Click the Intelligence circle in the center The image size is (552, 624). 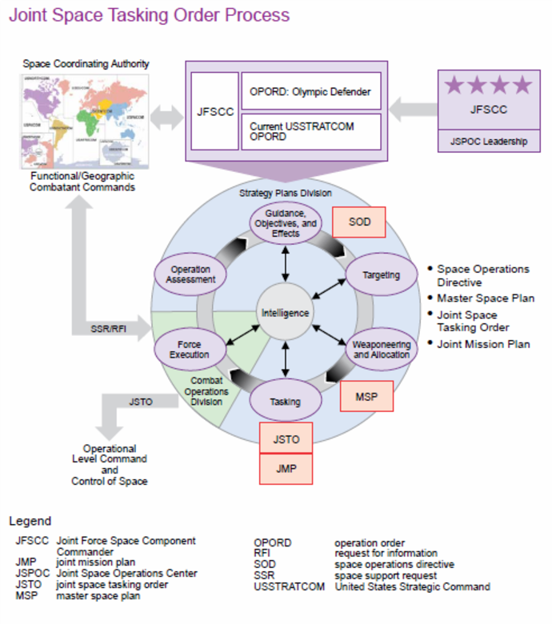283,313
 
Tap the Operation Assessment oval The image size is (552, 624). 192,274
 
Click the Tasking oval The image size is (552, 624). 285,401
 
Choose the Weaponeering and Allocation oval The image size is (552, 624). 381,349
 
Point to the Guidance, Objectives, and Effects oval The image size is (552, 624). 286,222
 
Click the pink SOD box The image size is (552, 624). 359,222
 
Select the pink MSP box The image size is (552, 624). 366,396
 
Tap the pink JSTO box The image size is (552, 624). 285,438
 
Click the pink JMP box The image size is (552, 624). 285,468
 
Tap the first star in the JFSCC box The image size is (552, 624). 454,86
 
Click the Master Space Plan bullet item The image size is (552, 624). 486,298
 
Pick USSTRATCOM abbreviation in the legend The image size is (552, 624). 289,586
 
